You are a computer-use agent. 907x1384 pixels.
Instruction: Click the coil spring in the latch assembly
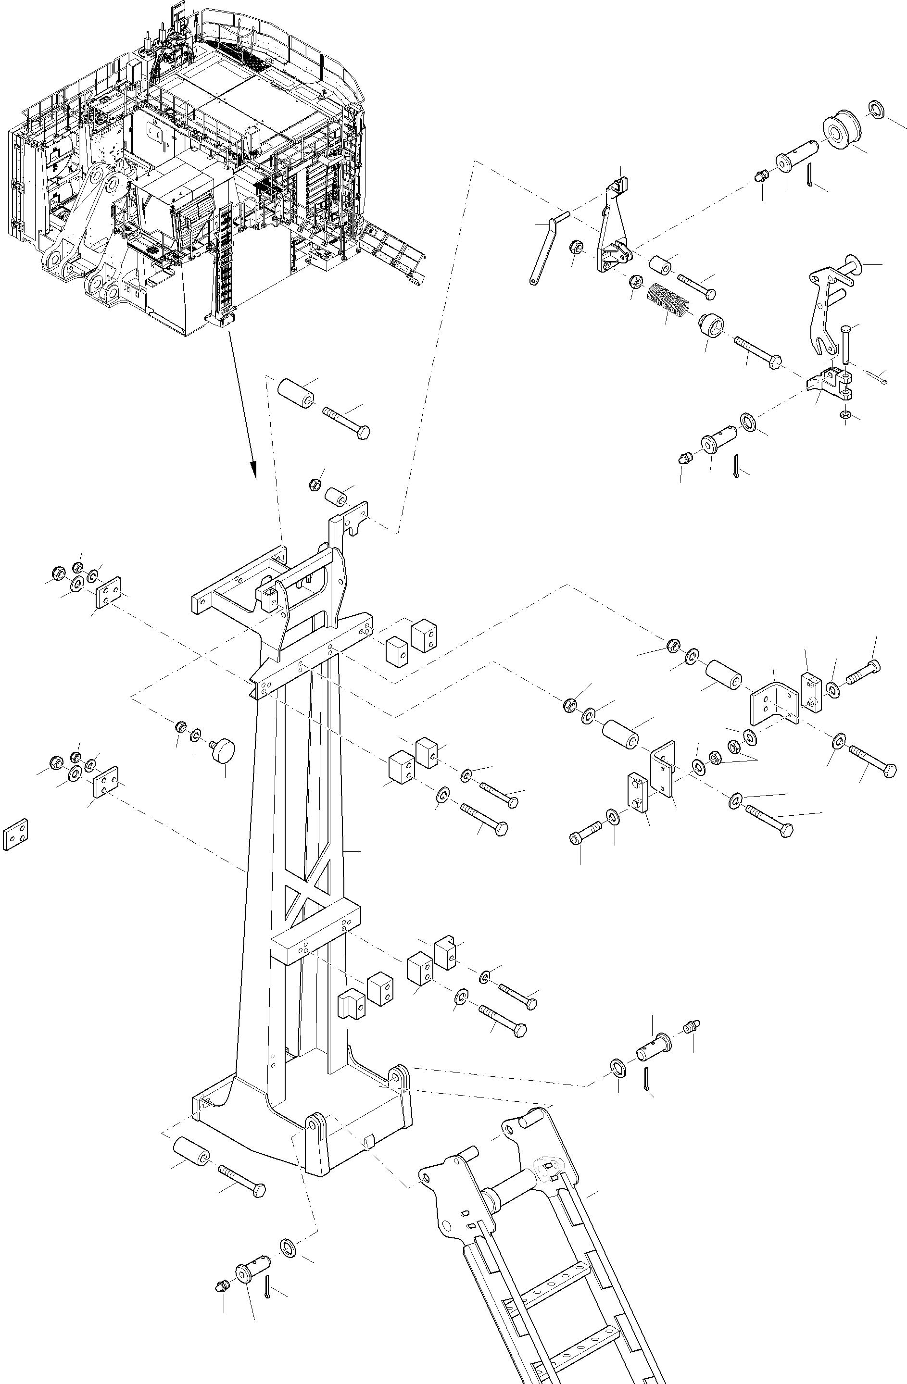(668, 300)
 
